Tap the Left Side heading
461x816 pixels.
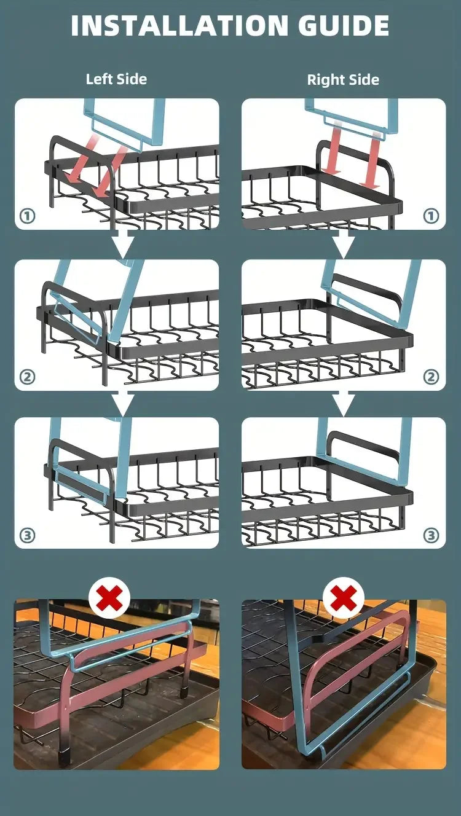(x=116, y=79)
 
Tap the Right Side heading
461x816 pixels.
(x=343, y=79)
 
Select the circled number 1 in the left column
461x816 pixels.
(x=27, y=216)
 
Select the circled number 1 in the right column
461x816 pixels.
(x=431, y=216)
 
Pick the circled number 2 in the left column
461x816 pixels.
(x=27, y=377)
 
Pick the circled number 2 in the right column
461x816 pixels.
(x=431, y=377)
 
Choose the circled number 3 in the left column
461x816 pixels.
(x=27, y=536)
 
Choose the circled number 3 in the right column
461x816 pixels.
(x=431, y=536)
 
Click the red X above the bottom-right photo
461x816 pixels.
(x=343, y=598)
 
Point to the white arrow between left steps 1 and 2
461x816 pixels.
(x=122, y=244)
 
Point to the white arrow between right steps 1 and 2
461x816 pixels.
(x=343, y=244)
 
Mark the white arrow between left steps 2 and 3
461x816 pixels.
(x=122, y=404)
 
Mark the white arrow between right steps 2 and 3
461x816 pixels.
(x=343, y=404)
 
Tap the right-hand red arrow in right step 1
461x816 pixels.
(x=370, y=162)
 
